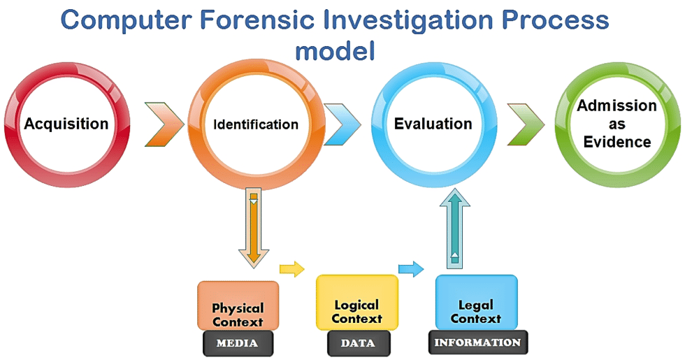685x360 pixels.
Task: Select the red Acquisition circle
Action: [66, 124]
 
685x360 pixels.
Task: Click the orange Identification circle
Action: [256, 124]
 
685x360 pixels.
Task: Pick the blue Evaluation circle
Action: [433, 124]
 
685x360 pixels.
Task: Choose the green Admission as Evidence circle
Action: [616, 124]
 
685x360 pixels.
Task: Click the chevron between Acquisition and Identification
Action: [164, 124]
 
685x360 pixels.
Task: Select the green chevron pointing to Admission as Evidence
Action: [526, 124]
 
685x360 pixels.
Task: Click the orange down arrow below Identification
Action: [253, 227]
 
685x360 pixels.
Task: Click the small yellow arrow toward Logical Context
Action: [293, 269]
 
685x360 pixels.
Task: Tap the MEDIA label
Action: [238, 343]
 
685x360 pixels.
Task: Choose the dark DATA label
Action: [357, 343]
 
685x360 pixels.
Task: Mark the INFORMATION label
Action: [477, 342]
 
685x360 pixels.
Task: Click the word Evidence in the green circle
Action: [617, 142]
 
